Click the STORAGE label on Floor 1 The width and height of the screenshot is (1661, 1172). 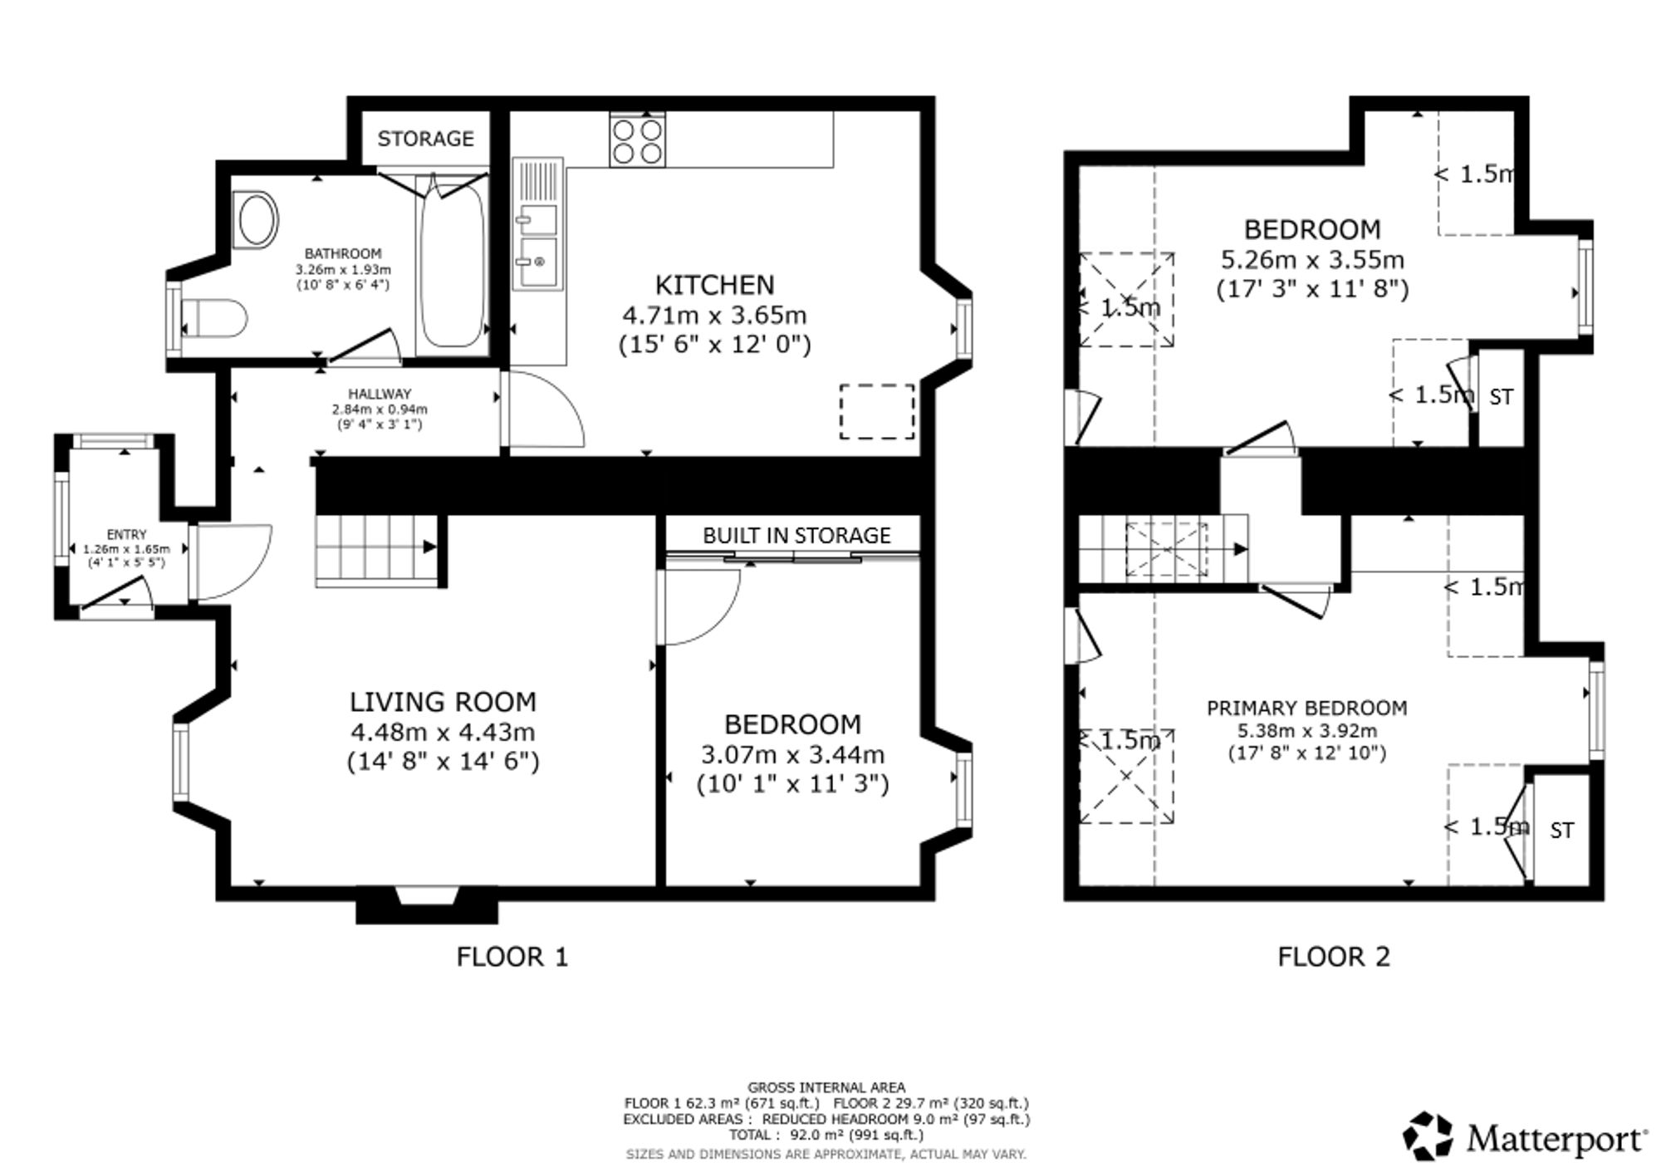click(425, 138)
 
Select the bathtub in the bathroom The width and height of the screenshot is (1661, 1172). click(453, 265)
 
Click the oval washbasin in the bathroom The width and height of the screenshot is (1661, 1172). click(257, 219)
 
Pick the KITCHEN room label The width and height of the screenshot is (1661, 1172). click(714, 285)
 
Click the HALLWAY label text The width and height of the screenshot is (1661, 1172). click(380, 394)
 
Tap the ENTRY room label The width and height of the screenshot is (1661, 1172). click(126, 535)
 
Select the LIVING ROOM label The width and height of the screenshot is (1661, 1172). click(443, 702)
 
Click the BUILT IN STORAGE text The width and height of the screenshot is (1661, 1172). click(796, 536)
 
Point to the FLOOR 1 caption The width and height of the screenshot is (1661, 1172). click(512, 957)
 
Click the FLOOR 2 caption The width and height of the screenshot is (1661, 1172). click(1334, 957)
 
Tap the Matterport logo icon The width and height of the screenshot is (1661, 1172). click(1428, 1135)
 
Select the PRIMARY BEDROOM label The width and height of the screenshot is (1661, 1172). click(1307, 708)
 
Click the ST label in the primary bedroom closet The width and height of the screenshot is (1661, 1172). click(1561, 831)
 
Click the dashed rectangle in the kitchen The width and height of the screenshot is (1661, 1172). click(877, 411)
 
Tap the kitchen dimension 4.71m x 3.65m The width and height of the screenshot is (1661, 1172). click(714, 316)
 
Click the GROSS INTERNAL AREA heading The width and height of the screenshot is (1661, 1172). click(826, 1087)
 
